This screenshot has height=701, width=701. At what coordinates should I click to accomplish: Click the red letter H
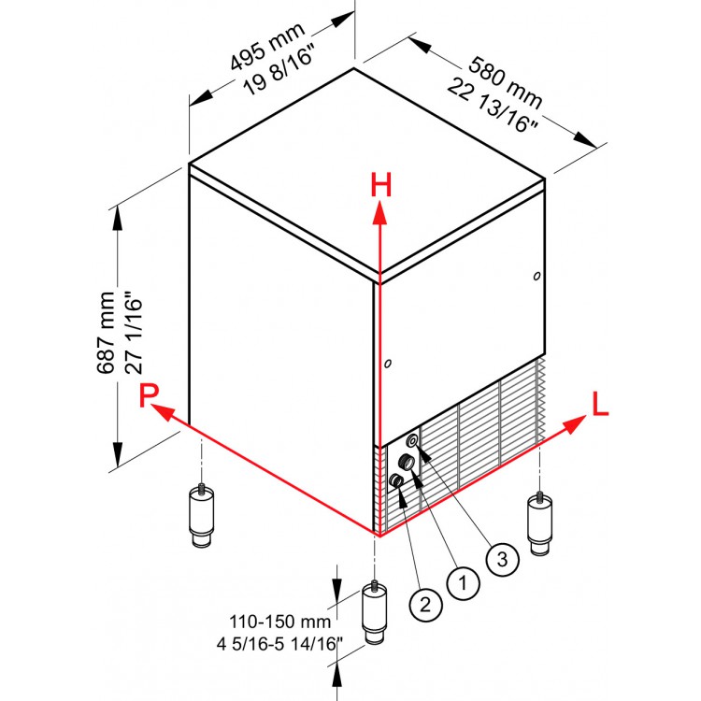click(x=381, y=185)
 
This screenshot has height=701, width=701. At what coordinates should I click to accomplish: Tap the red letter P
click(x=149, y=394)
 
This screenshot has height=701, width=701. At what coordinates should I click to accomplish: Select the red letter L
click(x=600, y=404)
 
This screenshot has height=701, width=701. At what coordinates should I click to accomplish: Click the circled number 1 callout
click(x=464, y=582)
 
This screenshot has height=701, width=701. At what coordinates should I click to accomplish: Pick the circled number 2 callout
click(x=425, y=605)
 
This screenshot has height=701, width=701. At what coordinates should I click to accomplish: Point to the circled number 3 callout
click(x=503, y=559)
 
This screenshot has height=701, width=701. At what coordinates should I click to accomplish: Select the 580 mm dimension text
click(x=505, y=82)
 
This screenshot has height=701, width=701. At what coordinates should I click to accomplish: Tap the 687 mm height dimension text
click(x=106, y=332)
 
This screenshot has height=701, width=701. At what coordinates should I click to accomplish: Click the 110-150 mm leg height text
click(x=279, y=622)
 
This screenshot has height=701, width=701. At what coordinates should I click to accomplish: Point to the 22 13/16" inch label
click(x=493, y=106)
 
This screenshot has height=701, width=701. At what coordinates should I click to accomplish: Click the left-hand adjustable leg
click(x=201, y=515)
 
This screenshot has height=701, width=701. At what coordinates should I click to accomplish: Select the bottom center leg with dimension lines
click(x=375, y=612)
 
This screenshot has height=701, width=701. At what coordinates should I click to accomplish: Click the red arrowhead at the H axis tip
click(x=380, y=212)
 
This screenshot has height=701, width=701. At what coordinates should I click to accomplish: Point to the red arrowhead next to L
click(x=575, y=423)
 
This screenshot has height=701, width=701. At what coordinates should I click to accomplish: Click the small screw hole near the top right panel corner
click(x=536, y=276)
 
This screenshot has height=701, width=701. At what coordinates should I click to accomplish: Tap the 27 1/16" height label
click(x=134, y=333)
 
